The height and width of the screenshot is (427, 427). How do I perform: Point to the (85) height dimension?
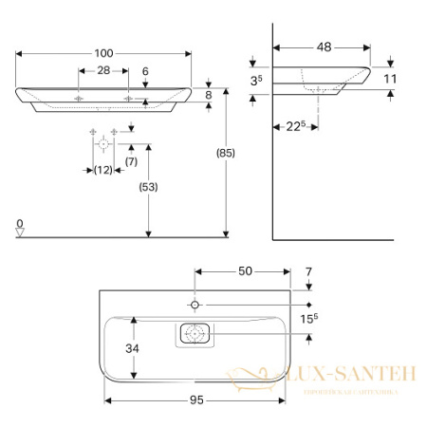(x=226, y=154)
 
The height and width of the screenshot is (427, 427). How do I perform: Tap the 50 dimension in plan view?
(x=245, y=271)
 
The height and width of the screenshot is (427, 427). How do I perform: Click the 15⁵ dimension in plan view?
(x=309, y=320)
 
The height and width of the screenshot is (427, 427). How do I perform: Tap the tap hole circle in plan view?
(x=195, y=304)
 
